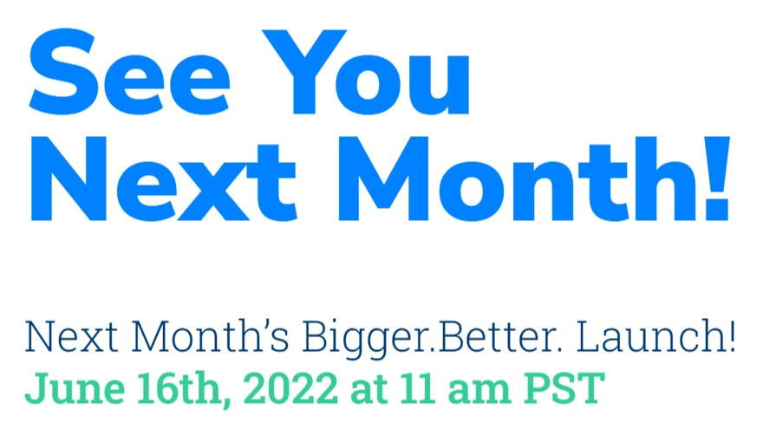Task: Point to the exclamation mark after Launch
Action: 729,337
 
